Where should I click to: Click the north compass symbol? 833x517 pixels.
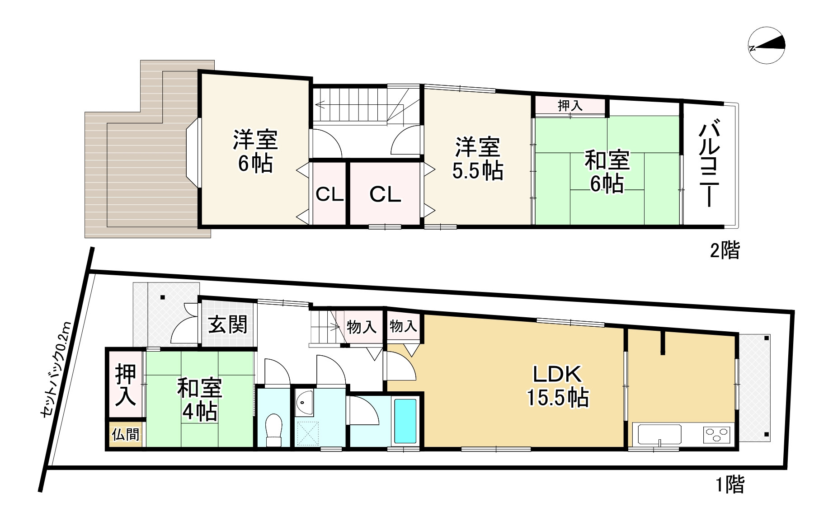coord(767,45)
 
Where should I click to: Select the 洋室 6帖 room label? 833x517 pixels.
coord(255,151)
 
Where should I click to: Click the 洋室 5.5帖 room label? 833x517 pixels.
coord(477,158)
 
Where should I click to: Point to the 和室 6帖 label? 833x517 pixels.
coord(607,172)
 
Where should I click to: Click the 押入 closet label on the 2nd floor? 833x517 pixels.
coord(570,106)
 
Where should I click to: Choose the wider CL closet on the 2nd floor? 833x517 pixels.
coord(385,194)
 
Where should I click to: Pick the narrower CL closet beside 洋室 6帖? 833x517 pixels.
coord(329,194)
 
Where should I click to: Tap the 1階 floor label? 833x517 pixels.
coord(729,485)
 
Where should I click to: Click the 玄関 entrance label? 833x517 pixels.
coord(228,324)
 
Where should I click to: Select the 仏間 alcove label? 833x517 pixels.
coord(126,435)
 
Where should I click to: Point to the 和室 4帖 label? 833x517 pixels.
coord(199,400)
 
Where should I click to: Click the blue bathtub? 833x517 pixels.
coord(405,421)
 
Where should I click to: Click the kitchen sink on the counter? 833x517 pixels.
coord(659,435)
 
